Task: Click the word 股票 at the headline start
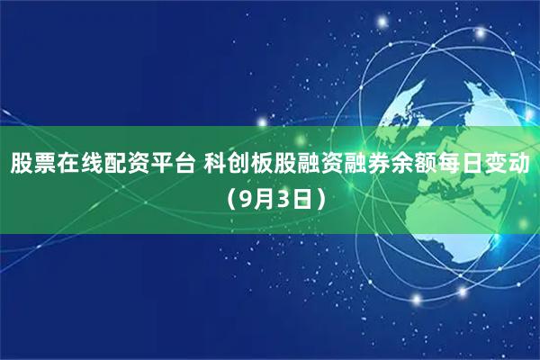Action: pyautogui.click(x=33, y=165)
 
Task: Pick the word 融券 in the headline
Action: pyautogui.click(x=366, y=165)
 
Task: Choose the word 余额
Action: pyautogui.click(x=413, y=165)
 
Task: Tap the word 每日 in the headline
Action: pyautogui.click(x=460, y=165)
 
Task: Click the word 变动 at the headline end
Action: pyautogui.click(x=507, y=165)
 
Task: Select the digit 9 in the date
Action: pyautogui.click(x=247, y=198)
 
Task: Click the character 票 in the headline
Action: pyautogui.click(x=45, y=165)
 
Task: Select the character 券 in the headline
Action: pyautogui.click(x=378, y=165)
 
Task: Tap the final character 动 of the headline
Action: pyautogui.click(x=518, y=165)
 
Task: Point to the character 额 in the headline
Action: pyautogui.click(x=425, y=165)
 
